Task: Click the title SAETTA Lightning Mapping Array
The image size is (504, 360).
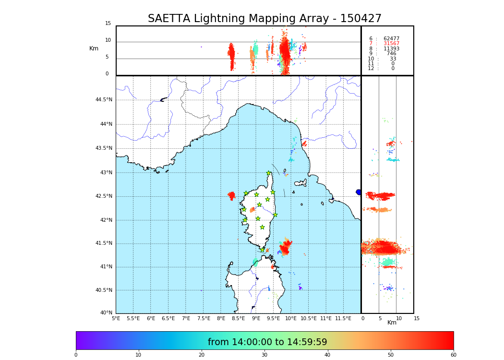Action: coord(264,19)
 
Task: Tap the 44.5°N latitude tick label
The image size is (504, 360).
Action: coord(104,100)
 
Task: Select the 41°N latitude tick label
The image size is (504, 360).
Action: coord(106,266)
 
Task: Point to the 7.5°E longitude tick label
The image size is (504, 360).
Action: coord(204,318)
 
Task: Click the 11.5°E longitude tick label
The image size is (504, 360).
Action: coord(343,318)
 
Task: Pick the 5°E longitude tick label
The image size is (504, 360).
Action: coord(116,318)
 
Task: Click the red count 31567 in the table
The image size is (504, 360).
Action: coord(391,44)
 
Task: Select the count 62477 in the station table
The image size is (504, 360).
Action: coord(391,39)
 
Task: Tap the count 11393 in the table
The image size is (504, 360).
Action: coord(391,49)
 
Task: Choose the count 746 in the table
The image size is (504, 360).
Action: coord(392,54)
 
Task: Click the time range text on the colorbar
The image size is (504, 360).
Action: coord(267,342)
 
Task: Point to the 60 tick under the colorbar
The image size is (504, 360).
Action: coord(453,355)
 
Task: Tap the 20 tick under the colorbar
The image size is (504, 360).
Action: coord(202,355)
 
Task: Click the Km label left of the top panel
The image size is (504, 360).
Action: coord(94,48)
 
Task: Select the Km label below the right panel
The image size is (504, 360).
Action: coord(392,323)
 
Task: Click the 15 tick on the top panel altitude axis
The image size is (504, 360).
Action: coord(108,24)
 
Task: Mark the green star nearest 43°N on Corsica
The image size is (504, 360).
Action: coord(269,173)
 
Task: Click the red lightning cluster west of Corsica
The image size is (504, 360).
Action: coord(231,195)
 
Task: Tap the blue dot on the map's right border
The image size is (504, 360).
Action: coord(359,192)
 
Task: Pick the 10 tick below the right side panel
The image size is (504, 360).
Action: coord(399,318)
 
